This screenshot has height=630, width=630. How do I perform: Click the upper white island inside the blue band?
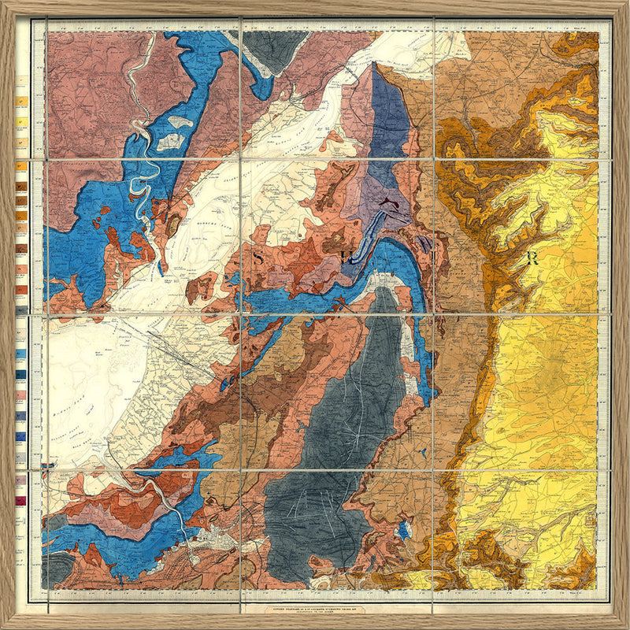point(181,122)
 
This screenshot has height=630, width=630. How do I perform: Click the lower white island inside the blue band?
point(170,143)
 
